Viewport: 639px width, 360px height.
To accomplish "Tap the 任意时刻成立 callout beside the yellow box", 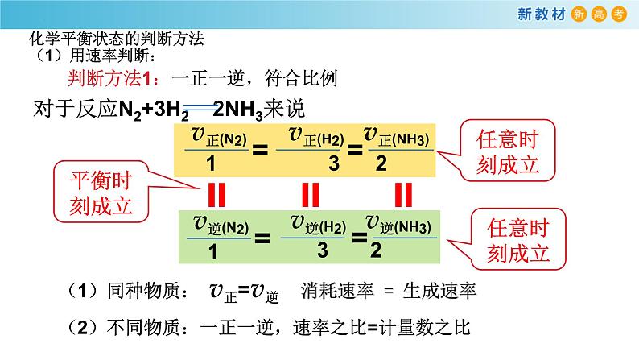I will tap(505, 151).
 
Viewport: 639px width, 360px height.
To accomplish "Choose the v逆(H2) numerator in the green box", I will tap(314, 223).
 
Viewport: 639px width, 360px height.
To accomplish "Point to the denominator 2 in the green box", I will tap(375, 249).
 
